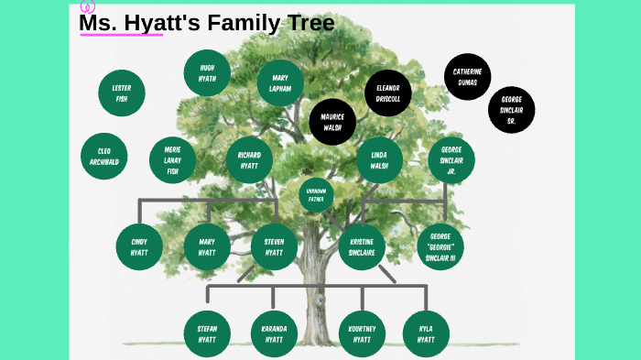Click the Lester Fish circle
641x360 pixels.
[x=122, y=93]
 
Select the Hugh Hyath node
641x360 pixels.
[x=207, y=73]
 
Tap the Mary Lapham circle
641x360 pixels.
[x=280, y=83]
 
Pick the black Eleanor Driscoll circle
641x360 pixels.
[x=388, y=93]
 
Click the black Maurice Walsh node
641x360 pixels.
[x=332, y=122]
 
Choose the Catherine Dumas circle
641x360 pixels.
[x=467, y=77]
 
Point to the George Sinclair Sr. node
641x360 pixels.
[x=512, y=110]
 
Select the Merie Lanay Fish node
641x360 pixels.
[x=172, y=159]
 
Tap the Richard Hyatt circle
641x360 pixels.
[x=249, y=159]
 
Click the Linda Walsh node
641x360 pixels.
[x=379, y=159]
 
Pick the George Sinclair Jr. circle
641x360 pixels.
[x=451, y=159]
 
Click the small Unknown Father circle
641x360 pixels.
[x=316, y=194]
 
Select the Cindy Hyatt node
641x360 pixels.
[x=139, y=245]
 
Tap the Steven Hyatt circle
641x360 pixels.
[x=274, y=245]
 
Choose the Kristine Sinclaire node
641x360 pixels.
[x=362, y=246]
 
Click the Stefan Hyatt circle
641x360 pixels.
[x=207, y=333]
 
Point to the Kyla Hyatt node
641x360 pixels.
[x=426, y=333]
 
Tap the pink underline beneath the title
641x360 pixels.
[x=121, y=35]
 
